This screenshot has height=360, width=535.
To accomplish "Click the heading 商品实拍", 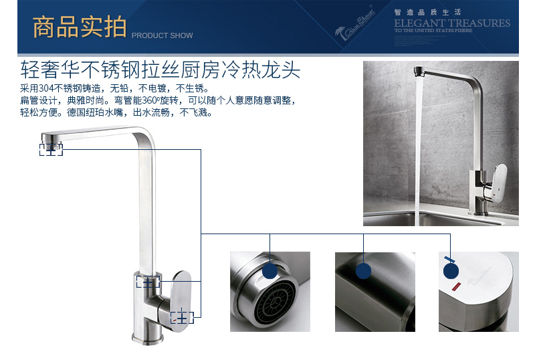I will [x=79, y=27].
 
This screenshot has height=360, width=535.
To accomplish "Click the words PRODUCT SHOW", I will [x=162, y=35].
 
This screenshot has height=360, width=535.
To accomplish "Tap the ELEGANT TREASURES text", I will [x=451, y=23].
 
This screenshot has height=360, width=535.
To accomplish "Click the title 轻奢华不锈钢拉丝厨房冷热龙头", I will [x=160, y=70].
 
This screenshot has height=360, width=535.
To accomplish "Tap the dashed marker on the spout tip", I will [x=51, y=149].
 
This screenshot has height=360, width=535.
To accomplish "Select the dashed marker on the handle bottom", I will [x=181, y=317].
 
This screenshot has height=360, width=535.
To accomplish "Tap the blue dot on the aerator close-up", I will [x=270, y=270].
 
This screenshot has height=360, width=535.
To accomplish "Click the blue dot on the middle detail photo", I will [x=363, y=270].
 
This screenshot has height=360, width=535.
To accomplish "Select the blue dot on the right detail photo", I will [x=451, y=270].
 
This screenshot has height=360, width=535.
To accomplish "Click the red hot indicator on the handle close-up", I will [x=457, y=287].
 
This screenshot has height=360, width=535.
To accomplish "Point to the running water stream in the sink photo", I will [x=420, y=147].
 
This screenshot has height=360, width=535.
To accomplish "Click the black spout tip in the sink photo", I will [x=420, y=70].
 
